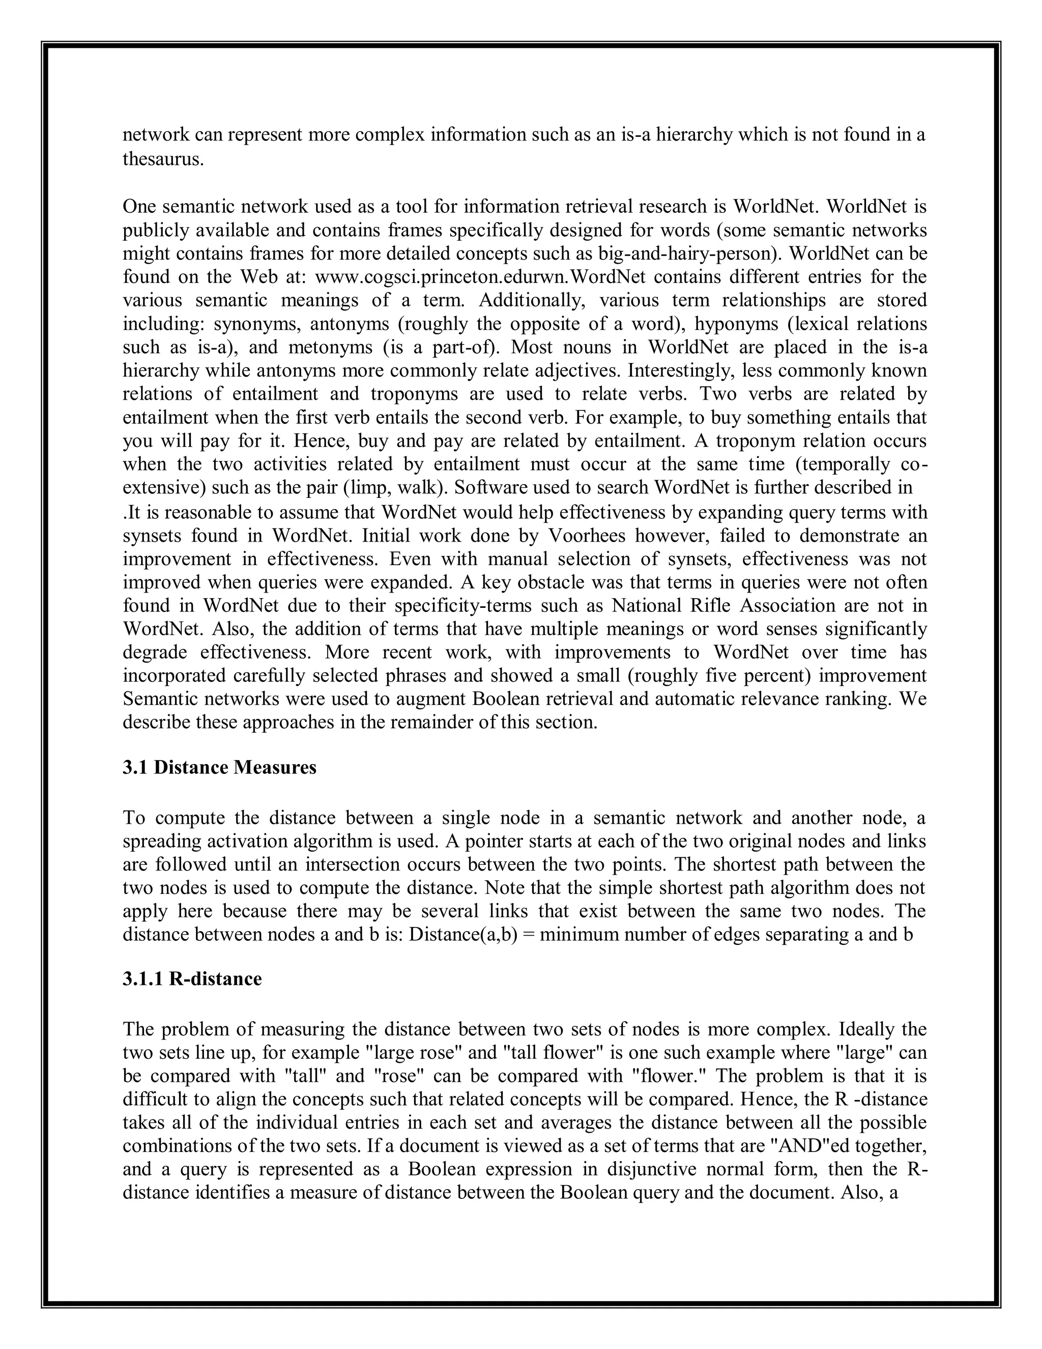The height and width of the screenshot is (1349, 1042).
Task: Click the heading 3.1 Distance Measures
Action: [219, 767]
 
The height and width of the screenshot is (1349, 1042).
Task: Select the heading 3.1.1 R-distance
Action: [192, 979]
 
